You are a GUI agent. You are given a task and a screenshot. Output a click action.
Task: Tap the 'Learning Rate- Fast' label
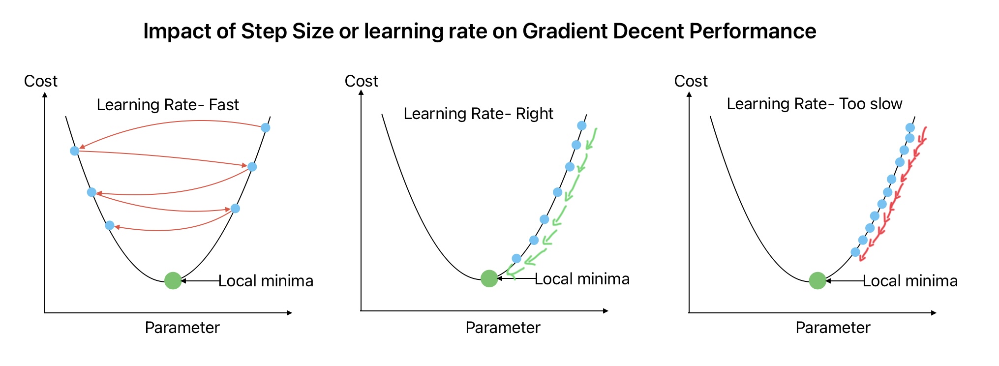[168, 105]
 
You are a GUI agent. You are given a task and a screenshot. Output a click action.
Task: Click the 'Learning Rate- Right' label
[478, 114]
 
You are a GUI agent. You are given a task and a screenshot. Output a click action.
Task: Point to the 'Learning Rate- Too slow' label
[815, 104]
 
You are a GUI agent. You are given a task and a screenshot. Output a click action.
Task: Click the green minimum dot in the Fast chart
[173, 280]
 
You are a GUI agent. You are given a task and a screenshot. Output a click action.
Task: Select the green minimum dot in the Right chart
[489, 278]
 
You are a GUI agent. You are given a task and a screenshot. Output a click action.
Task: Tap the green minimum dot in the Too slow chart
[817, 280]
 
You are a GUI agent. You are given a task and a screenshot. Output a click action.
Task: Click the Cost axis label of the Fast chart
[41, 81]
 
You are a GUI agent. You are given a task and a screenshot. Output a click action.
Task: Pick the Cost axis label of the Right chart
[362, 81]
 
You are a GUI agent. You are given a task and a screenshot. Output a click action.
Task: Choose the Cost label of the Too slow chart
[691, 81]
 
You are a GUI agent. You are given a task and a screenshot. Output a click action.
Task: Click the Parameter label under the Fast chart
[182, 328]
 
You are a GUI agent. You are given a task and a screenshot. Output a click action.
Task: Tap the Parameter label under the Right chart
[503, 328]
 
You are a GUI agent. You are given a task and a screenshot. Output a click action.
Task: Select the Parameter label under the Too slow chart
[833, 328]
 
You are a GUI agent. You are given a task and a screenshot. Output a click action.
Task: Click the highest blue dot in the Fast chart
[266, 128]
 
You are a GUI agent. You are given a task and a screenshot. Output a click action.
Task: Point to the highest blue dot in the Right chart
[582, 125]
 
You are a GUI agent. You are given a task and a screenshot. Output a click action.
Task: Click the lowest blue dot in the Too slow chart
[855, 252]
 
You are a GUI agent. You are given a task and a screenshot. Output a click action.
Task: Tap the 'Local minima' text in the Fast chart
[266, 281]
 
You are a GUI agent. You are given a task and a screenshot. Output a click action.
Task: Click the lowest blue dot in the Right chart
[516, 258]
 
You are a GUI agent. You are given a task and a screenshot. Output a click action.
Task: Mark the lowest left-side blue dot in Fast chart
[110, 225]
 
